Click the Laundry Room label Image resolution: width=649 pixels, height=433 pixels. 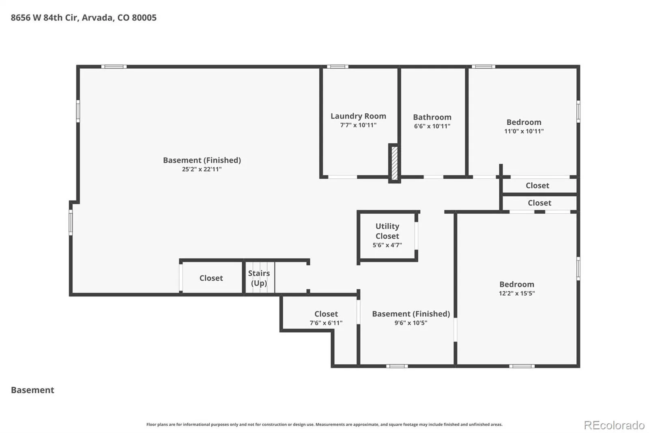coord(358,116)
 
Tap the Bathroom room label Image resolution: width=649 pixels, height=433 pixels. coord(432,117)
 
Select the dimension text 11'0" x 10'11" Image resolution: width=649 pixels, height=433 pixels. coord(524,131)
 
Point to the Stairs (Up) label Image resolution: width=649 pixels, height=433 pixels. coord(259,278)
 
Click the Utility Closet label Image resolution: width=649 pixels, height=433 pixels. coord(387,231)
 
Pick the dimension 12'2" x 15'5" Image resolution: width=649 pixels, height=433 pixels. coord(517,293)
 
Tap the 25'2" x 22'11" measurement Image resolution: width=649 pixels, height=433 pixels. coord(202,169)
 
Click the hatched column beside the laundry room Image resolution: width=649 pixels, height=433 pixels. coord(394,163)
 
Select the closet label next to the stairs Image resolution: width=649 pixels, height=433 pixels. coord(211,278)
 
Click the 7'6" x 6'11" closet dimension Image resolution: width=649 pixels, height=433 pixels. coord(326,323)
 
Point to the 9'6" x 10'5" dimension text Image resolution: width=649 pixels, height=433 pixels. coord(411,323)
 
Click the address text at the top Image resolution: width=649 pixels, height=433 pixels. coord(84,18)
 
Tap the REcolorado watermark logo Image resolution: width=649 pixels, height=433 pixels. coord(614,425)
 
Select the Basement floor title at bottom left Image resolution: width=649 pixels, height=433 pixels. coord(32,390)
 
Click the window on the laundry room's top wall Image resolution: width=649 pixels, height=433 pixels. coord(337,67)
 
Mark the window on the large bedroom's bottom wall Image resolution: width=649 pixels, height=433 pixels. coord(522,366)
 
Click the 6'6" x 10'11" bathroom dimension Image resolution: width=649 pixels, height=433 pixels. coord(432,126)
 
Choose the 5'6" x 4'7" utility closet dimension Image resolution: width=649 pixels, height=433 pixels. coord(387,245)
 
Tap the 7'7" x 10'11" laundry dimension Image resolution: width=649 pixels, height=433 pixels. coord(358,125)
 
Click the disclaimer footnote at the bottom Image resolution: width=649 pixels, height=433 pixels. coord(324,424)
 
